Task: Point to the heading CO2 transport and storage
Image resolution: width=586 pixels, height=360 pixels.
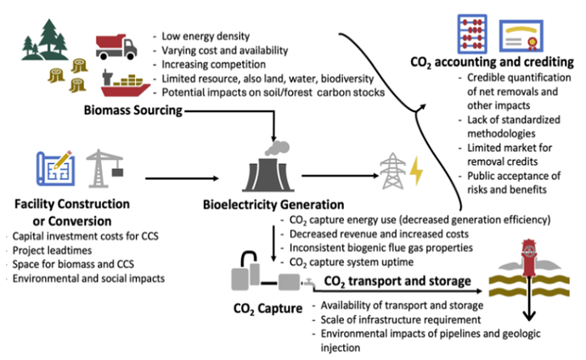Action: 397,281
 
